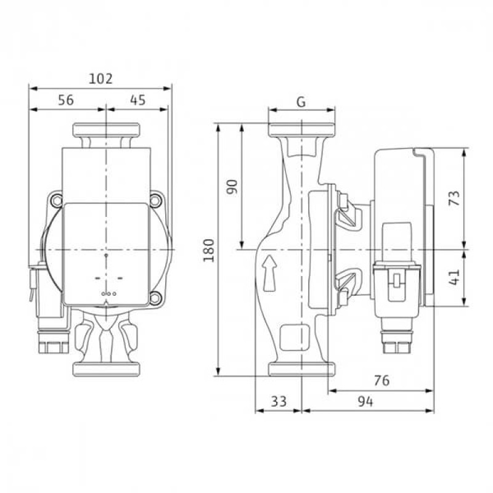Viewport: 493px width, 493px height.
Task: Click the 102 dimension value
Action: click(100, 79)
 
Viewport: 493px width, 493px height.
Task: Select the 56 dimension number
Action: click(66, 100)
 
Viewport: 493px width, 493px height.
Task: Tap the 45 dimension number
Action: click(137, 100)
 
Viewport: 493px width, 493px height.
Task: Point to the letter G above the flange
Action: click(301, 102)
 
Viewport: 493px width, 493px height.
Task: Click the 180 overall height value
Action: click(209, 250)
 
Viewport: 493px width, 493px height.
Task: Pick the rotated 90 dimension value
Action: click(233, 187)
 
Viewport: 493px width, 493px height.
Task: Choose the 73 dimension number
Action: click(454, 198)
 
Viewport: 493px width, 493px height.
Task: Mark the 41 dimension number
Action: click(454, 277)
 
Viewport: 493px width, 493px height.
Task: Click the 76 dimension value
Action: click(381, 380)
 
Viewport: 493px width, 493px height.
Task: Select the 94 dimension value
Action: click(365, 402)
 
